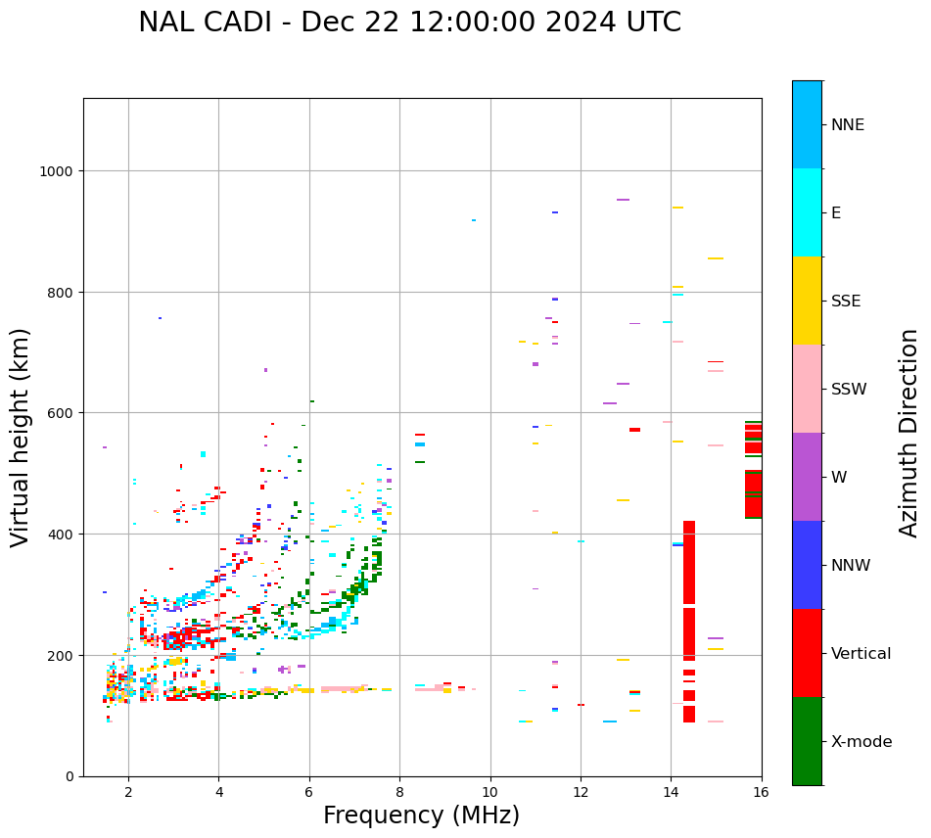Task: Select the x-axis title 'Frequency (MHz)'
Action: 421,815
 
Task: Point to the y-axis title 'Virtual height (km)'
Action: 21,437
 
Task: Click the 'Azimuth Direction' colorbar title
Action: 909,433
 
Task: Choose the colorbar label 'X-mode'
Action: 861,742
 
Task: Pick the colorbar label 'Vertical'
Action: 861,654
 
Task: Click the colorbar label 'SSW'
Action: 849,390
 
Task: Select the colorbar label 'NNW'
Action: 851,566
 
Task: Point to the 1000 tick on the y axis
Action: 57,171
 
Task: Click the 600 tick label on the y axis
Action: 61,413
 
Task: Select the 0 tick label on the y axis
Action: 70,776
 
